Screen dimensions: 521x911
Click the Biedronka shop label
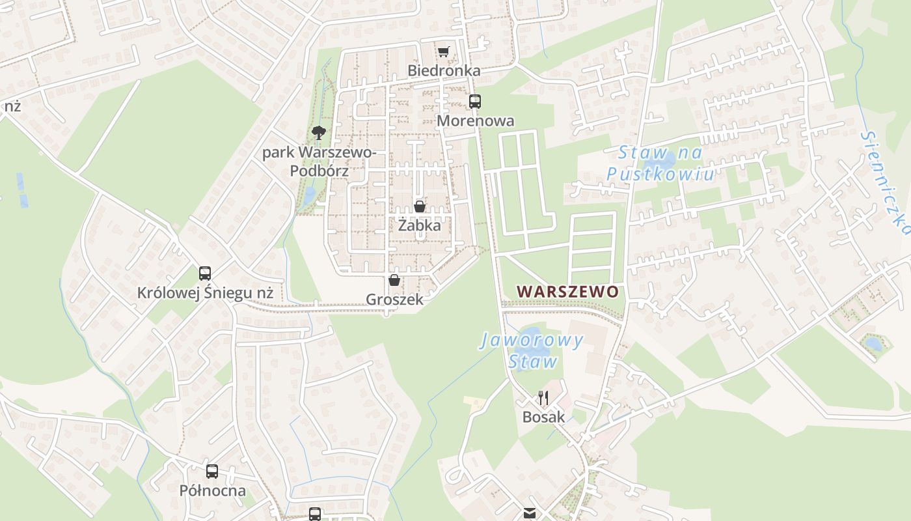point(444,70)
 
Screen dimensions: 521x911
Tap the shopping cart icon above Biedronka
point(444,51)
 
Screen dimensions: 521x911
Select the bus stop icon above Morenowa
point(475,101)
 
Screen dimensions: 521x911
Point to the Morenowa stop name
point(475,120)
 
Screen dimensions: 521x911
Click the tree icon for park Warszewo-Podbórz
point(318,133)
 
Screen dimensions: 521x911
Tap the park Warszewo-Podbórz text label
point(319,162)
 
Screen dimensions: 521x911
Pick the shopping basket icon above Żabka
point(420,206)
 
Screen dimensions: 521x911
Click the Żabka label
point(420,226)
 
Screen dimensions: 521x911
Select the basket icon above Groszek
point(394,280)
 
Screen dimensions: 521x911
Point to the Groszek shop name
point(394,300)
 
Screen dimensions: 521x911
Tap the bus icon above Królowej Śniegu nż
point(205,273)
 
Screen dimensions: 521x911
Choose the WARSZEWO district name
point(567,291)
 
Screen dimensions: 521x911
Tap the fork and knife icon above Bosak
point(543,397)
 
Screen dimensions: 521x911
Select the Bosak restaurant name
point(543,417)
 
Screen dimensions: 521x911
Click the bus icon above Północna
point(212,471)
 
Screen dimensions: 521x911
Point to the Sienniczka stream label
point(884,182)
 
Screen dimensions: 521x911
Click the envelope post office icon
point(530,514)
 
